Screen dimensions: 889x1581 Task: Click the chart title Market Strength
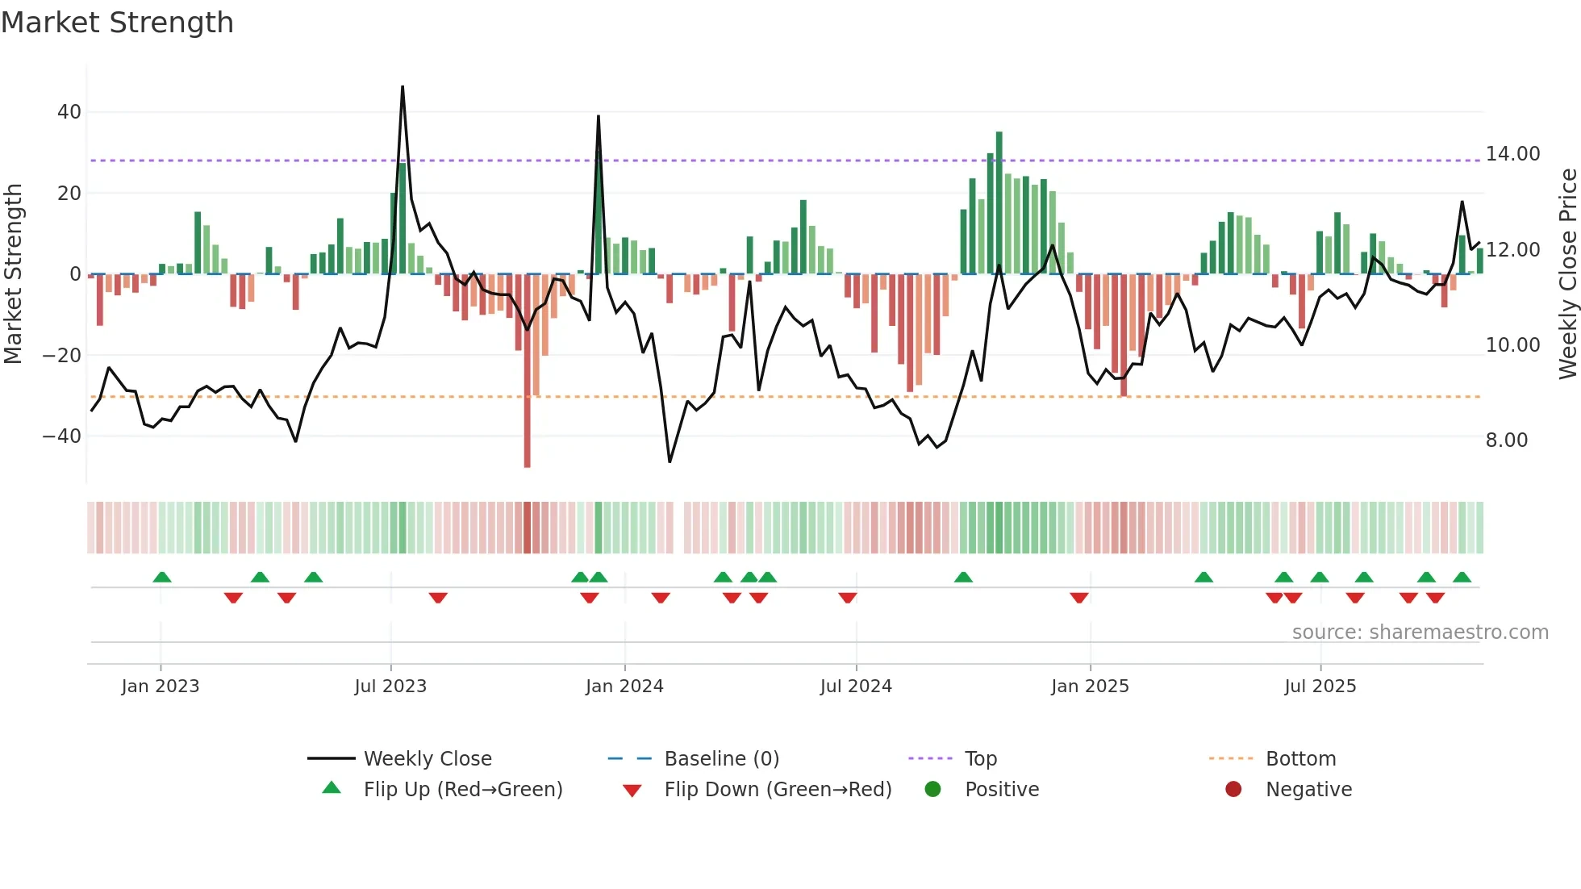pos(117,23)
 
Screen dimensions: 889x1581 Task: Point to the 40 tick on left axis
pos(69,112)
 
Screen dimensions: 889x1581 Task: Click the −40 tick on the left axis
pos(62,436)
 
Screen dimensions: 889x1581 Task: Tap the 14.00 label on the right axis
pos(1512,154)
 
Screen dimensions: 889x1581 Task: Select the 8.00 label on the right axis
pos(1506,440)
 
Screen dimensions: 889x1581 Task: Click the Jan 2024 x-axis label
pos(624,687)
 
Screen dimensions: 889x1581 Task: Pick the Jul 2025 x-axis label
pos(1320,687)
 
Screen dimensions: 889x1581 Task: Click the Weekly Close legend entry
pos(427,759)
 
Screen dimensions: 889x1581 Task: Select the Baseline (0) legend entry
pos(721,759)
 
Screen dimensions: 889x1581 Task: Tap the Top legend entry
pos(980,759)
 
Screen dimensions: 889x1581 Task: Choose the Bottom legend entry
pos(1300,759)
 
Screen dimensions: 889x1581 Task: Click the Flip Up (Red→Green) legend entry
pos(462,790)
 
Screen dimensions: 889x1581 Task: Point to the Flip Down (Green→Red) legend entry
pos(778,790)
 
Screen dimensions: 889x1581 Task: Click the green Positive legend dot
pos(933,790)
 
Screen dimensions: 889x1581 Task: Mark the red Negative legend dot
pos(1233,790)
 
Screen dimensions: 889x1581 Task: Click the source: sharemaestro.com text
pos(1420,632)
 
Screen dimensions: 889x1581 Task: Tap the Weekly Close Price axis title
pos(1567,274)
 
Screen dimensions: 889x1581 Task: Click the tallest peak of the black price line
pos(403,87)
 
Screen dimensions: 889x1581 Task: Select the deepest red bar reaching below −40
pos(527,371)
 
